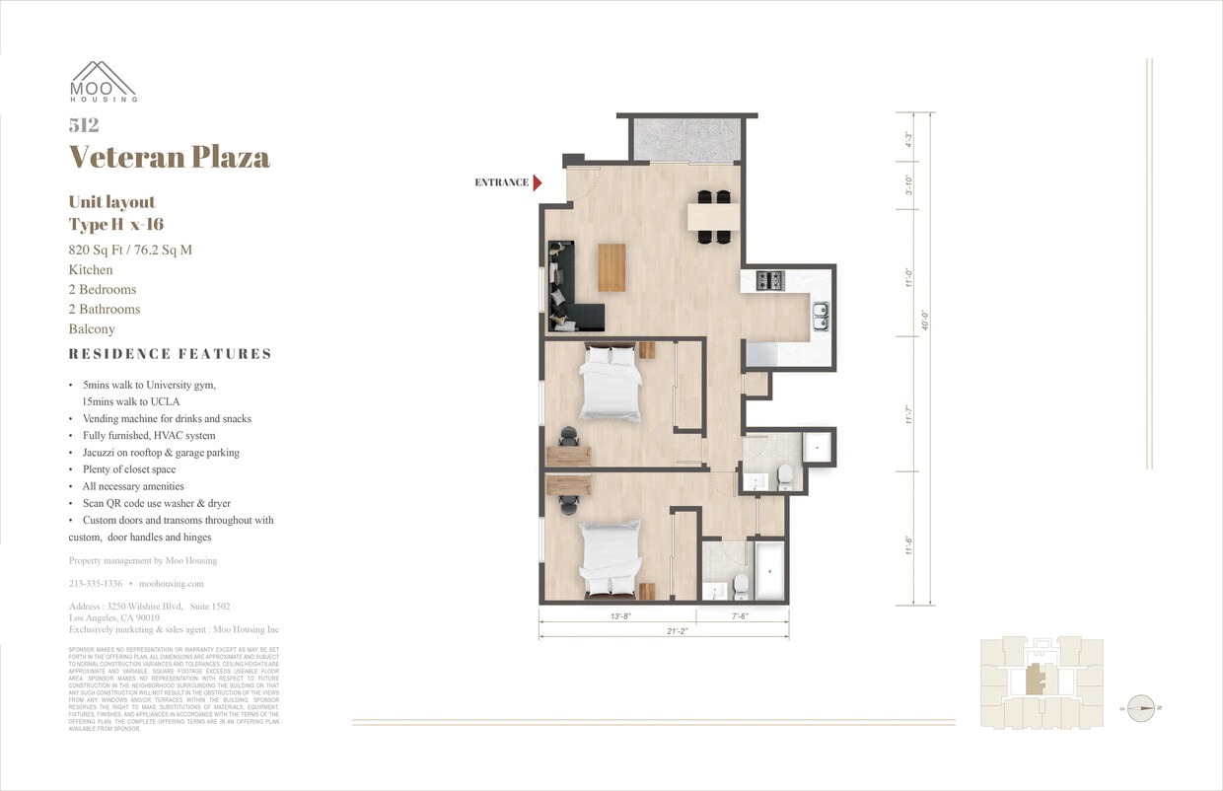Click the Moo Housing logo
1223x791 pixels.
[x=103, y=82]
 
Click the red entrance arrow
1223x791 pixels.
[x=538, y=182]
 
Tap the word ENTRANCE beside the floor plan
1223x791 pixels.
[x=501, y=182]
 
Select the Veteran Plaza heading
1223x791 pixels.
[x=169, y=157]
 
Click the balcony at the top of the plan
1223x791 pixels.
[x=687, y=139]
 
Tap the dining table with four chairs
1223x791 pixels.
[x=713, y=216]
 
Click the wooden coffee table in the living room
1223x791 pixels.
[x=611, y=267]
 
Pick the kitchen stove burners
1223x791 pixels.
[x=769, y=281]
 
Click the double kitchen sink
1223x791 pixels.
[x=820, y=315]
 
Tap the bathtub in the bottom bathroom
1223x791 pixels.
[x=769, y=570]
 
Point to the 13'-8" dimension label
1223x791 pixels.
[x=619, y=616]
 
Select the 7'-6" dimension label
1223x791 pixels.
[x=742, y=616]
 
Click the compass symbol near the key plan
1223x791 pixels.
[x=1140, y=707]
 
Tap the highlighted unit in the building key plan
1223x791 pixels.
[x=1036, y=681]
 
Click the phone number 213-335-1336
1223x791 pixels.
[x=96, y=584]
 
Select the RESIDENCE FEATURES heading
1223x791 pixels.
[x=170, y=354]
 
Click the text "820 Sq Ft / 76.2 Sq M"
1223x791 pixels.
[x=130, y=250]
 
